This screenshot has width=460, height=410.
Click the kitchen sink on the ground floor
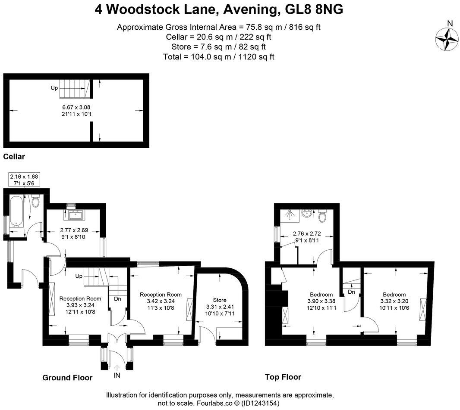(74, 215)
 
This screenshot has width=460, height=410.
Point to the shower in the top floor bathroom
(290, 214)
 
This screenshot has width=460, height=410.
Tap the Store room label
(220, 300)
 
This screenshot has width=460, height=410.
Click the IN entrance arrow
(117, 368)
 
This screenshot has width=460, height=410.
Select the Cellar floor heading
(14, 157)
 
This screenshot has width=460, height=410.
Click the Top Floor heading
(283, 377)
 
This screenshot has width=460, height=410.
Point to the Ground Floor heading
(67, 378)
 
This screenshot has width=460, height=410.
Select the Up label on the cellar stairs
(54, 88)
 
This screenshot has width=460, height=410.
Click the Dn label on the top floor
(351, 292)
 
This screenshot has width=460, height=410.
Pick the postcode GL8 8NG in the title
(314, 9)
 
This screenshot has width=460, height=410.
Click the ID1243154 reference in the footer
(261, 403)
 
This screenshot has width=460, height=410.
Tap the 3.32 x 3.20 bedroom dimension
(394, 301)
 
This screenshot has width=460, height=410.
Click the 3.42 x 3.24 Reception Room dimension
(161, 301)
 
